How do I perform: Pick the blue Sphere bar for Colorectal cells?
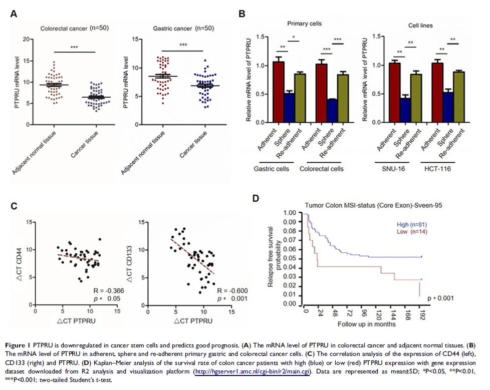tap(331, 111)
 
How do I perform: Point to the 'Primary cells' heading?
tap(304, 23)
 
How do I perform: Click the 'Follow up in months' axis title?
tap(364, 324)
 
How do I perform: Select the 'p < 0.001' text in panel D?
tap(440, 299)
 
